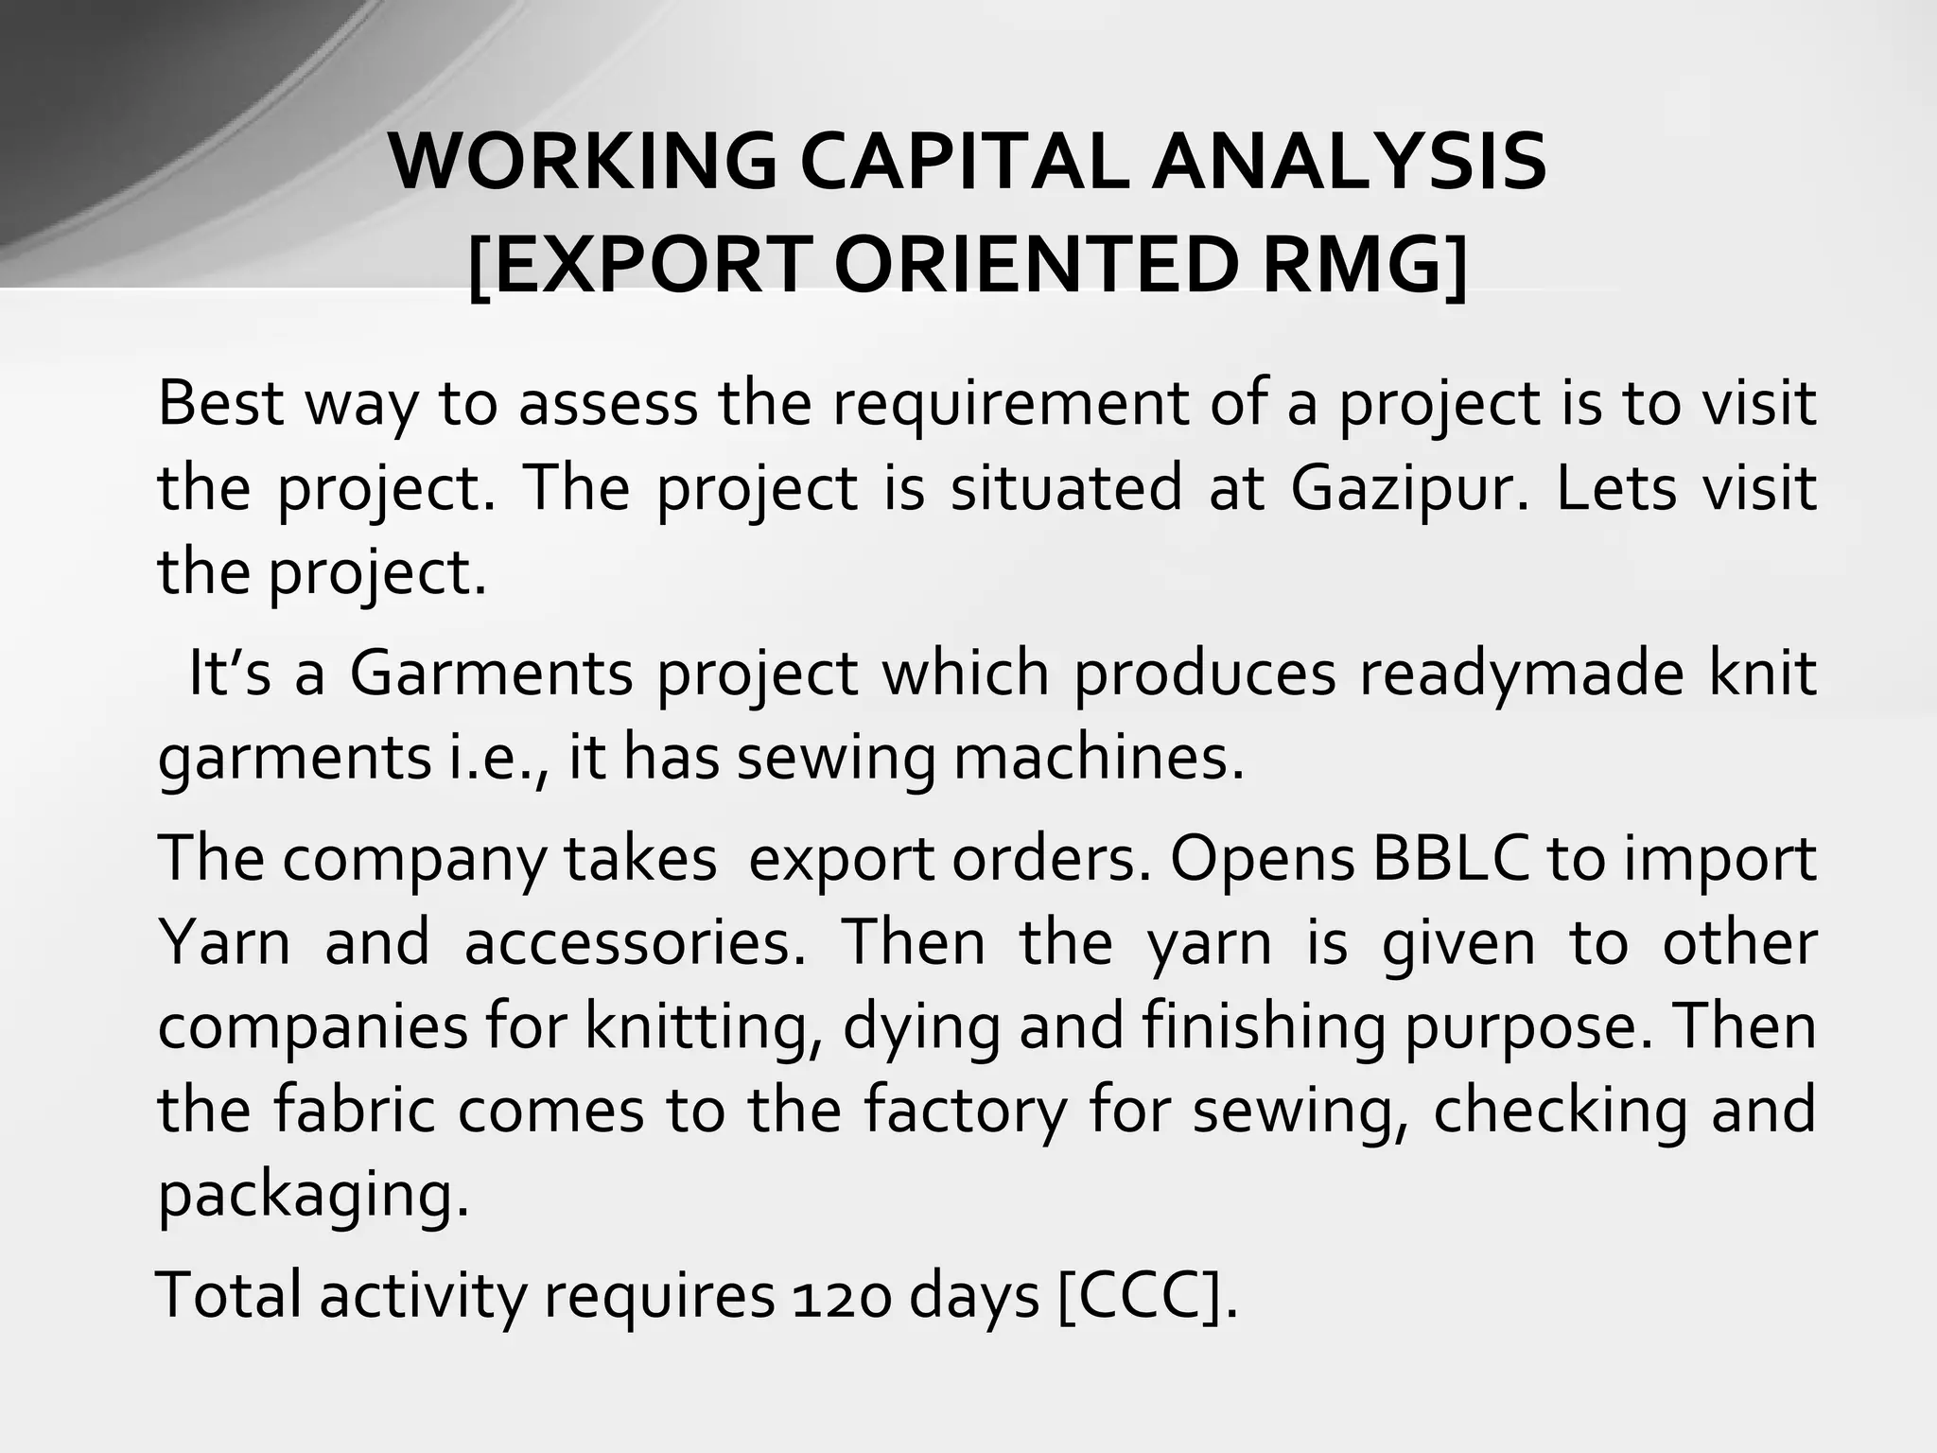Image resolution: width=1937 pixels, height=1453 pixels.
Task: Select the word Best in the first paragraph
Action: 221,403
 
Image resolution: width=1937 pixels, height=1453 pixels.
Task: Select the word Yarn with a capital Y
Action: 223,942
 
